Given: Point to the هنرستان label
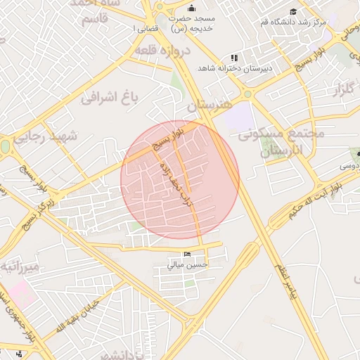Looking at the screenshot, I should [x=209, y=105].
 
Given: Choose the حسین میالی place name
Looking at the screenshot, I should [x=187, y=265].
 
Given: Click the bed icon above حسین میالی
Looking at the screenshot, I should [x=186, y=254].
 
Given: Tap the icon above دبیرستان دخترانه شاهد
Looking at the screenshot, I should [x=234, y=57].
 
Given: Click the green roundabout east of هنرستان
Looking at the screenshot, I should [x=247, y=94].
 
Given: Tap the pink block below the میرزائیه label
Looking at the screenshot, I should [x=21, y=295].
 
